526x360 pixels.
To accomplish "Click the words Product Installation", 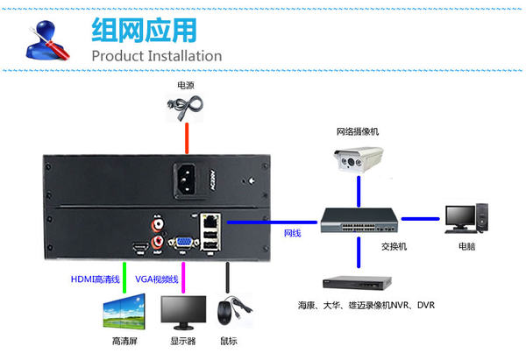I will click(x=157, y=56).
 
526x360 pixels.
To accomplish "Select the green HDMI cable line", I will click(x=124, y=272).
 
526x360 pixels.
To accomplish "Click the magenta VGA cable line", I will click(x=183, y=271).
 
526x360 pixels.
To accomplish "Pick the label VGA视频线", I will click(x=157, y=279).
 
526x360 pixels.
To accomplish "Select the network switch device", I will click(x=359, y=222).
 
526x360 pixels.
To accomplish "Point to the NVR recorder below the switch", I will click(x=359, y=286).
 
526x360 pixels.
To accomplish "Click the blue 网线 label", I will click(x=292, y=234).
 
